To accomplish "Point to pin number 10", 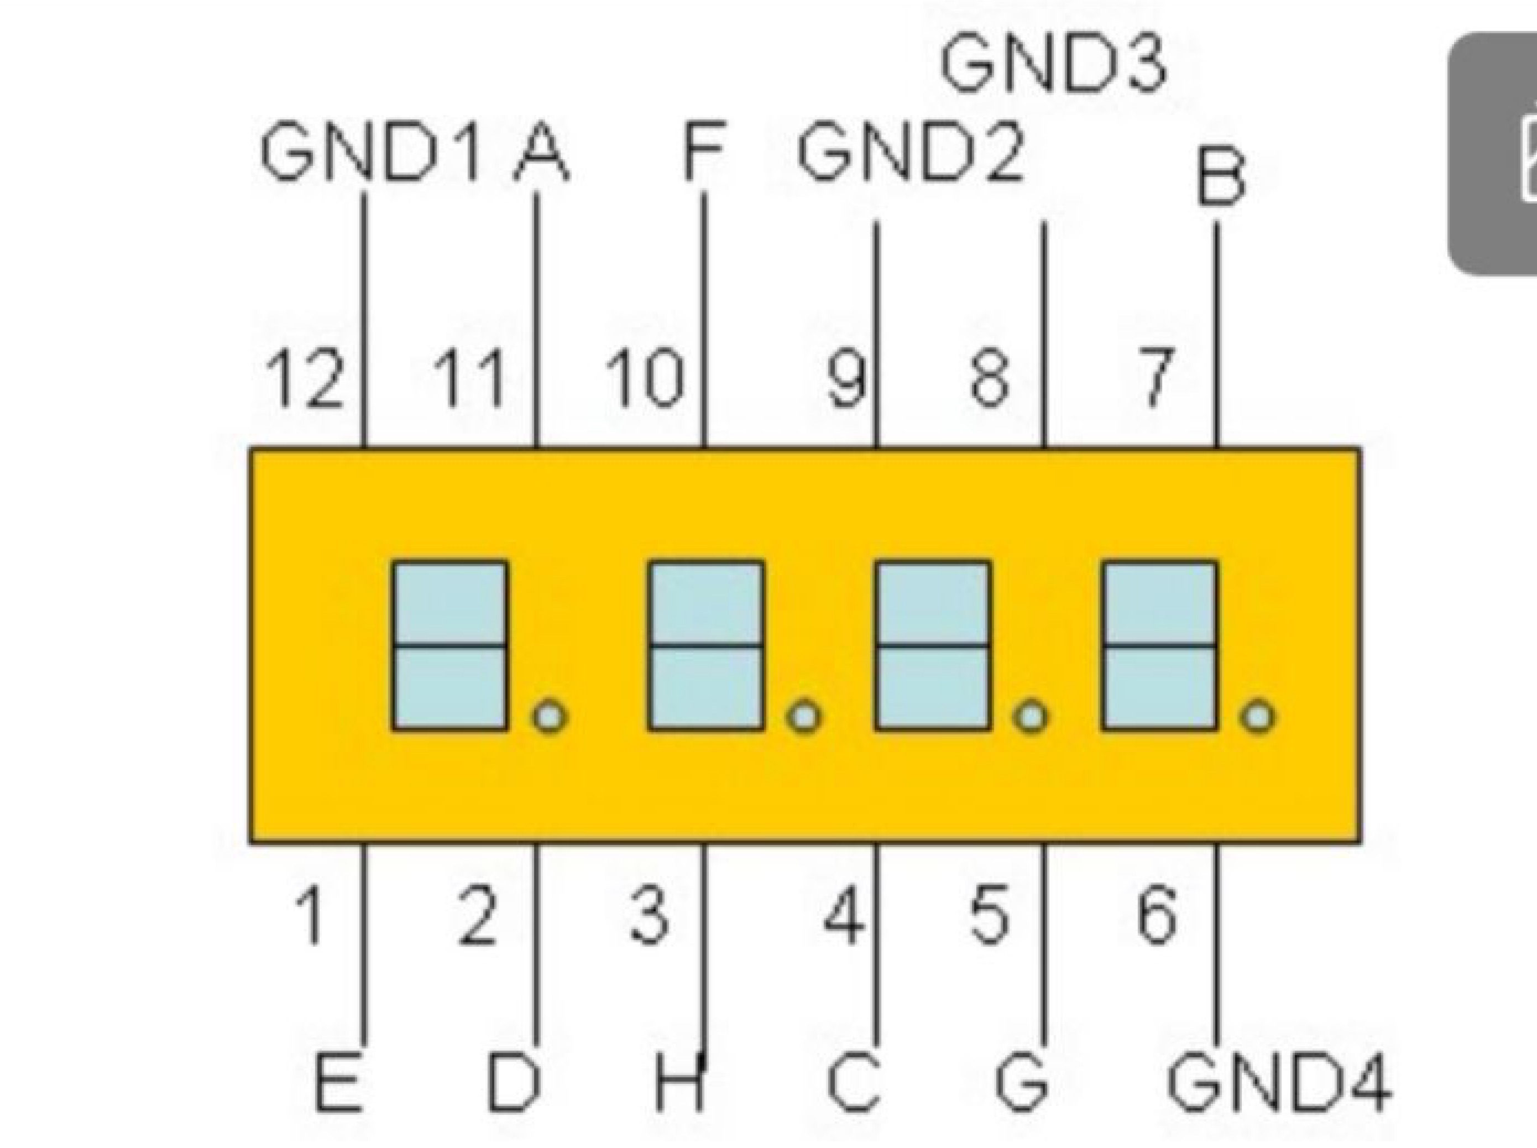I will point(645,378).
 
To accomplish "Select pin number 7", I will point(1156,378).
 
